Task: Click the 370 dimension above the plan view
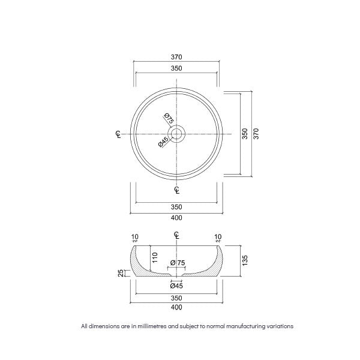[x=176, y=57]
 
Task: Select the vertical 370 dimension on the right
[x=256, y=134]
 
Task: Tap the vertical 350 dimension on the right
[x=244, y=134]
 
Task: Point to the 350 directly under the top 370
[x=176, y=68]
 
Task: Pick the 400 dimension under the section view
[x=176, y=307]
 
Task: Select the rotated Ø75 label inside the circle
[x=169, y=119]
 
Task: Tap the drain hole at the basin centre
[x=177, y=134]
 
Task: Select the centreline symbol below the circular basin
[x=177, y=191]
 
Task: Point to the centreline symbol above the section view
[x=177, y=235]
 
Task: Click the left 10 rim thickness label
[x=134, y=236]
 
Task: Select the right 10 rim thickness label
[x=218, y=236]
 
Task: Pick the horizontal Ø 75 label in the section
[x=178, y=263]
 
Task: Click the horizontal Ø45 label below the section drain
[x=176, y=286]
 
